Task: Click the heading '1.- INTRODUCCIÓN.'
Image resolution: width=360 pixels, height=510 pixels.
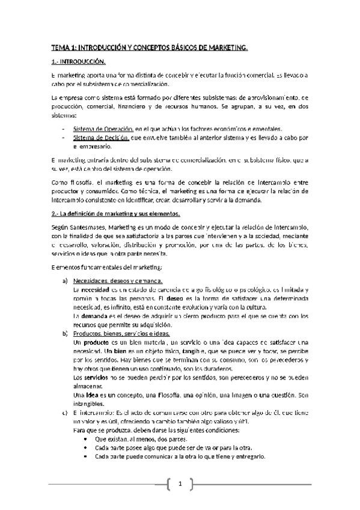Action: pos(79,61)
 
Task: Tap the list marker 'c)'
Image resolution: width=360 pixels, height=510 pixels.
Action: pos(65,414)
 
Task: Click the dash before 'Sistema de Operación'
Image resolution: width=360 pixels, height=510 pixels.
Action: pos(64,129)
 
